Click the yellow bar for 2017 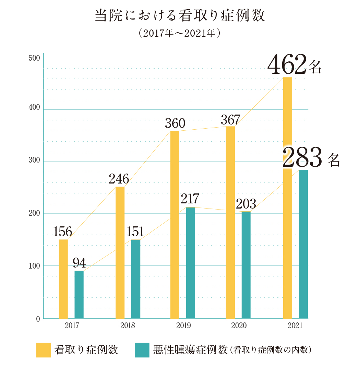63,279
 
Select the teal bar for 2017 79,295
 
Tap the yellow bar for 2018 120,252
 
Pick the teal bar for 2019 190,263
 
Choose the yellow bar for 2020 230,222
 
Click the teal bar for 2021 303,244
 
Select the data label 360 175,123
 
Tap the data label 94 79,263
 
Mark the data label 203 246,204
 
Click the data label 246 119,179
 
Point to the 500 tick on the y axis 34,58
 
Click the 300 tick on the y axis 34,160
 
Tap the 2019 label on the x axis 183,325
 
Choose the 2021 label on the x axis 295,325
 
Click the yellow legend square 44,350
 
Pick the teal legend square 142,350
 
